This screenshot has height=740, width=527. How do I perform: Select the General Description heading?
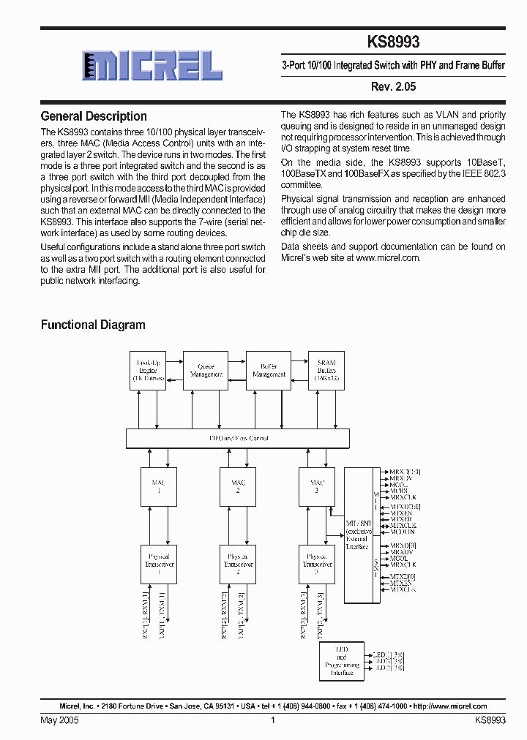coord(94,116)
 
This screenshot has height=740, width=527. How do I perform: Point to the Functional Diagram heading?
coord(93,325)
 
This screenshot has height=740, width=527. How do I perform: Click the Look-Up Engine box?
coord(148,371)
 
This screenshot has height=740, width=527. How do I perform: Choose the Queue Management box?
coord(206,371)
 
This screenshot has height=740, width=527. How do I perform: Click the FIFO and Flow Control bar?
coord(238,439)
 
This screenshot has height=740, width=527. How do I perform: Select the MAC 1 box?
coord(159,486)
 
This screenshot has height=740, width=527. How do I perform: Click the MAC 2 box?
coord(238,486)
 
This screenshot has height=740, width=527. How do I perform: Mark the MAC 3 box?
coord(317,486)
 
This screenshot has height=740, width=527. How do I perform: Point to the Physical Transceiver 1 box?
coord(159,564)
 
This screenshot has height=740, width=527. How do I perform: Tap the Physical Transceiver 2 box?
coord(238,564)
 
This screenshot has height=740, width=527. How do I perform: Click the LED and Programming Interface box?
coord(342,662)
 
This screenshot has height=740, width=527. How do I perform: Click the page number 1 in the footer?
coord(272,720)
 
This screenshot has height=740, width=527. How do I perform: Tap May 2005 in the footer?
coord(59,720)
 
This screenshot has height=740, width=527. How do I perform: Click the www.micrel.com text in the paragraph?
coord(388,258)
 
